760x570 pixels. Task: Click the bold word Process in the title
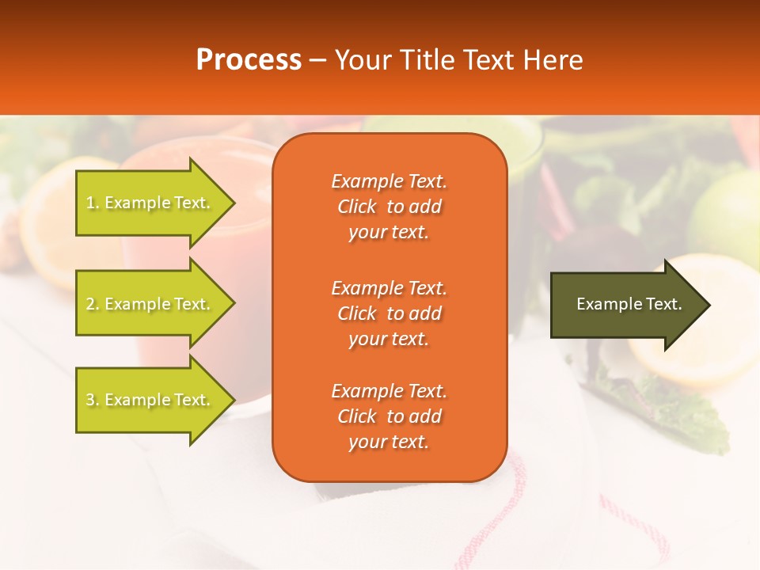[249, 59]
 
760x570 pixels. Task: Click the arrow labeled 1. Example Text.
[150, 203]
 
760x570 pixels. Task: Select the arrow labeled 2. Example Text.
[150, 304]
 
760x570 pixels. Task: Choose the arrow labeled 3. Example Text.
[150, 400]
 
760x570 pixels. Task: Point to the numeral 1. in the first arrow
[92, 203]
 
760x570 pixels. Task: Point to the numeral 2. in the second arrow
[92, 304]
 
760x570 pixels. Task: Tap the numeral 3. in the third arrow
[92, 400]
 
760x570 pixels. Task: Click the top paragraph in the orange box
[389, 207]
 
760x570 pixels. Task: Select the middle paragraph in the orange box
[389, 313]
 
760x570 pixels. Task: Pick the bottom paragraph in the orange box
[389, 416]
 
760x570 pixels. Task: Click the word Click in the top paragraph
[357, 207]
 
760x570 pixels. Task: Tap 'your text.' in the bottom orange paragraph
[389, 442]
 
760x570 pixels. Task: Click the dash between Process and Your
[318, 60]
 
